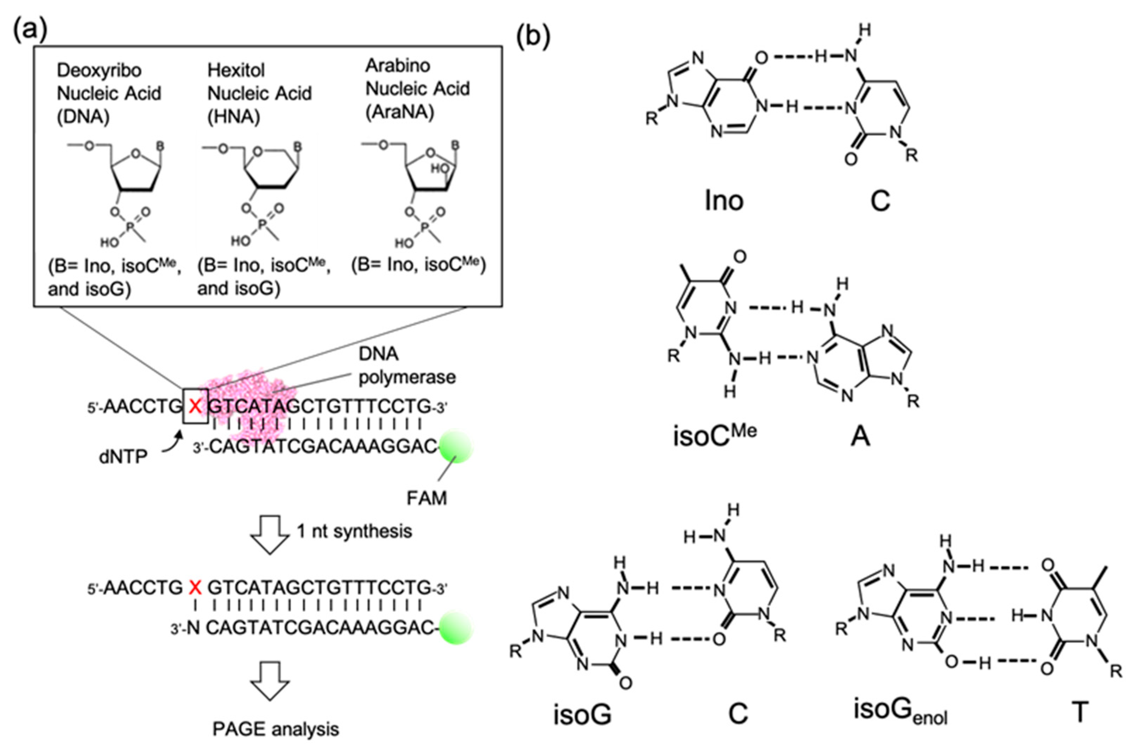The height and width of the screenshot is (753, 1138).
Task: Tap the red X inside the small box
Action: coord(195,407)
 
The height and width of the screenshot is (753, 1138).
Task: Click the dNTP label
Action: coord(123,457)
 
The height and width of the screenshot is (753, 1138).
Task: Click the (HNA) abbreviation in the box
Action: coord(233,117)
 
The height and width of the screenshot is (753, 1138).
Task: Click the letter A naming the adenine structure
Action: coord(860,437)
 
